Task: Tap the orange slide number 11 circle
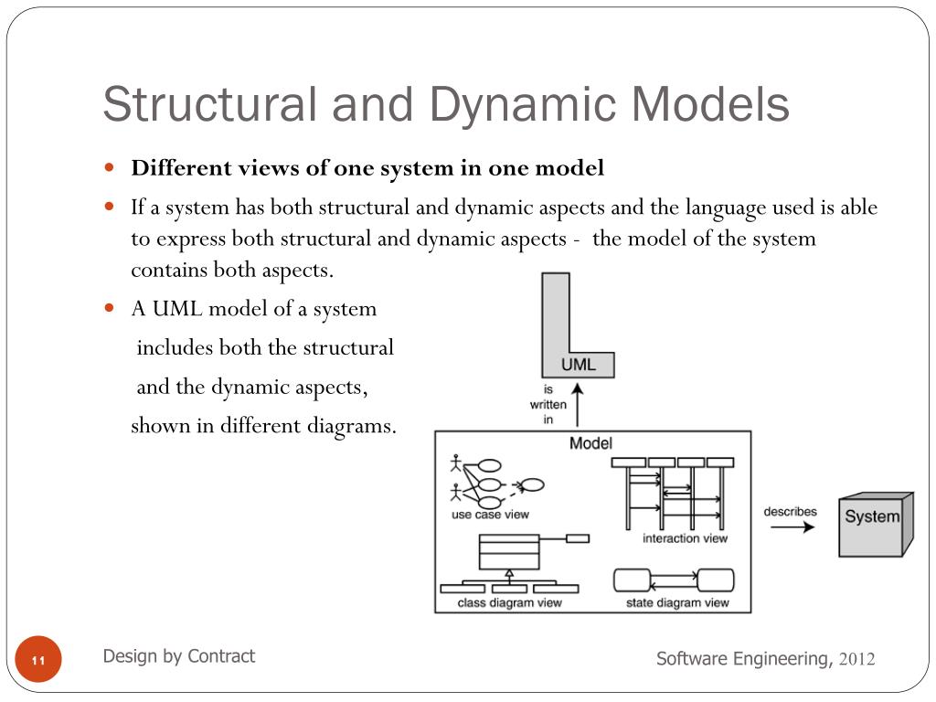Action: [38, 660]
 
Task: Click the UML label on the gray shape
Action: [578, 364]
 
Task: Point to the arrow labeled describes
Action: [791, 528]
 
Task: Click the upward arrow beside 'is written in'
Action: [578, 405]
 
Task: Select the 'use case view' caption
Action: [490, 515]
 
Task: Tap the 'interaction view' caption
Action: [685, 538]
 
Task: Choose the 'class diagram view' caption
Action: [509, 602]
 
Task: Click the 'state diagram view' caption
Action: [677, 602]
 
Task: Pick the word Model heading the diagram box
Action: [590, 443]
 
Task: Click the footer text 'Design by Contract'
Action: [179, 656]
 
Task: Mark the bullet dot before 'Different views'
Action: [109, 168]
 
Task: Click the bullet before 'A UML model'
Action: [109, 308]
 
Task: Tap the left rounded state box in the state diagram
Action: [631, 580]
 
